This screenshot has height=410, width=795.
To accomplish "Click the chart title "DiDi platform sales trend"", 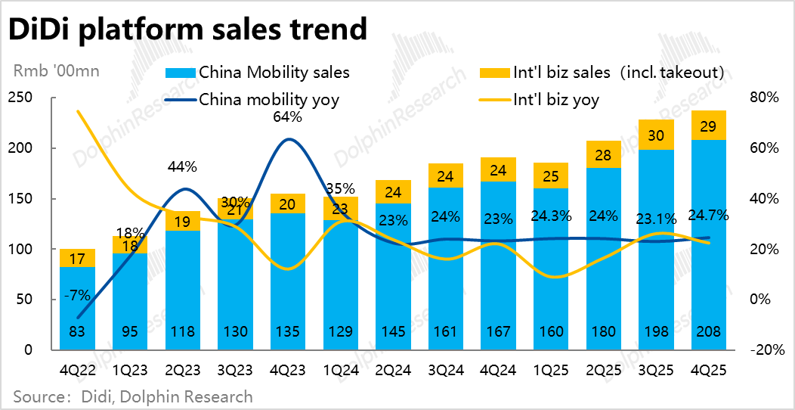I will coord(187,30).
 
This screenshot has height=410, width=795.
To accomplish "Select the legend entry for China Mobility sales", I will coord(274,73).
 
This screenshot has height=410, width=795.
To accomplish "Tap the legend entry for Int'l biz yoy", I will coord(555,99).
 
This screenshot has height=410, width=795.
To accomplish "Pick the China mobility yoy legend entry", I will coord(268,99).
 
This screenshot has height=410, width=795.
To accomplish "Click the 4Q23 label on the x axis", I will coord(287,371).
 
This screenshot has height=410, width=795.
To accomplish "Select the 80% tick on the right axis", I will coord(764,98).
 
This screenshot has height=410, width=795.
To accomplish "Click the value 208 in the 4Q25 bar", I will coord(710,331).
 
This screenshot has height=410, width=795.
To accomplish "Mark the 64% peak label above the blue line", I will coord(287,117).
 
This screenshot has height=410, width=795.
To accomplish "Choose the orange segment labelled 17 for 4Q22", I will coord(77,258).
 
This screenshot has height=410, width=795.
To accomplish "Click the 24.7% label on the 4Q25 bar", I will coord(710,216).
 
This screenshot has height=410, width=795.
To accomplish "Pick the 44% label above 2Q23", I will coord(182,166).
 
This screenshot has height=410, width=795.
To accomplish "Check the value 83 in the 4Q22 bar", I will coord(77,331).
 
